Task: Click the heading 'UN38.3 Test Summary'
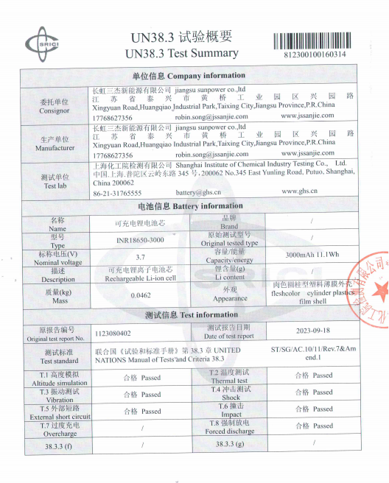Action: coord(182,53)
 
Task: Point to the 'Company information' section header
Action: coord(189,76)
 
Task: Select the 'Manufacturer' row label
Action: coord(55,144)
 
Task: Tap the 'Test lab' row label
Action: coord(55,181)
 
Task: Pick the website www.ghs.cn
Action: coord(299,191)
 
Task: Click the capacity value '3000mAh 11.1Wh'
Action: coord(312,255)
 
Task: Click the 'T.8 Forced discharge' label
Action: coord(234,427)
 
